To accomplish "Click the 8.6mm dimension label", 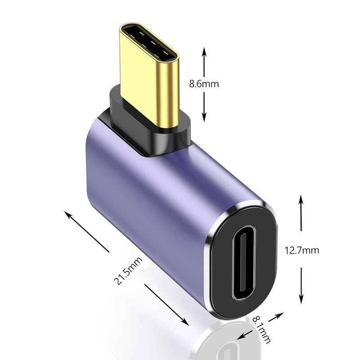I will click(x=204, y=84).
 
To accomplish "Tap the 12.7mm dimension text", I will click(x=301, y=250).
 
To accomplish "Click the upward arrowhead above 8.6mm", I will click(x=204, y=49).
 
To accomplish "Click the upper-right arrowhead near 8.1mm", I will click(x=281, y=314).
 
